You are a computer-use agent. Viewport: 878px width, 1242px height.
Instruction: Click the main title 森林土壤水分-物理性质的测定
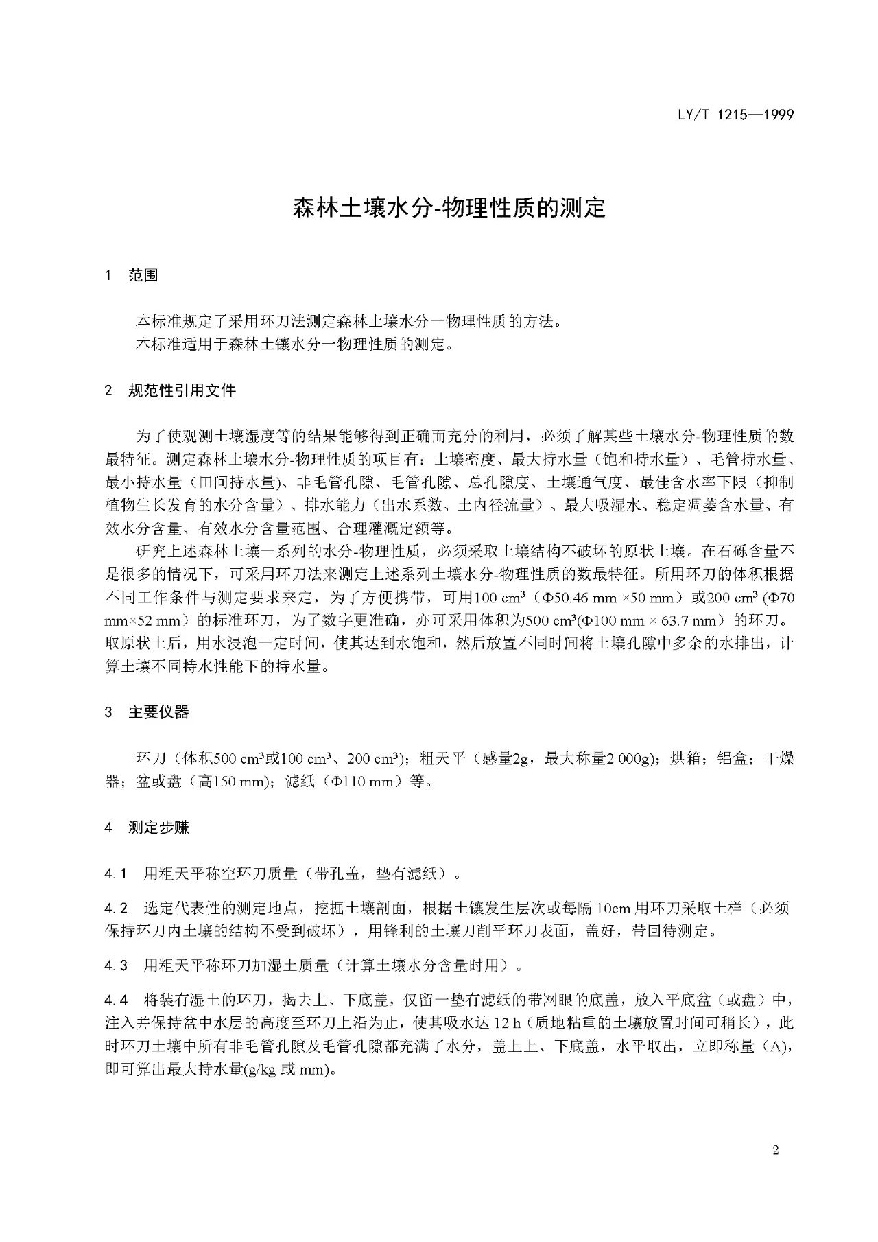click(449, 208)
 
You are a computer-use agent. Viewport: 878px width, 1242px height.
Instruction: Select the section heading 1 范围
click(131, 275)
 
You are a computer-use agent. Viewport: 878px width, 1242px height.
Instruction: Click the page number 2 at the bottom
click(776, 1151)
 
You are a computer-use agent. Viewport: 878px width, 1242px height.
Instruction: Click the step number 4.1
click(115, 874)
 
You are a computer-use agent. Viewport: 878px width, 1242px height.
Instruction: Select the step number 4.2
click(115, 908)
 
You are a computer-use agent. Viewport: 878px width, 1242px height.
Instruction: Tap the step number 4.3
click(115, 965)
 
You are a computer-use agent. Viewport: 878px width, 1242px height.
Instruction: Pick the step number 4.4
click(115, 1000)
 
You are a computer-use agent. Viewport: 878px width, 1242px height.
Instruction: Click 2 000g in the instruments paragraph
click(626, 758)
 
